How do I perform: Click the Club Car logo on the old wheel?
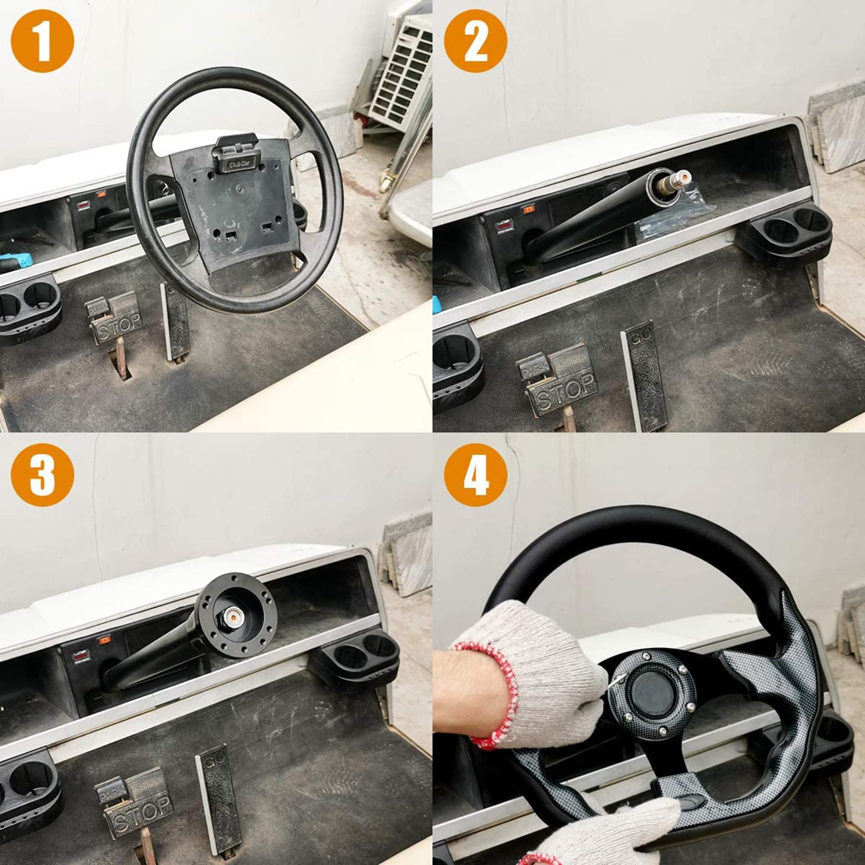tap(236, 164)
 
